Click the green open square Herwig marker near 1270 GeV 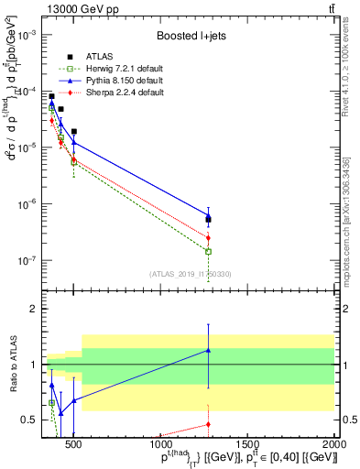(209, 251)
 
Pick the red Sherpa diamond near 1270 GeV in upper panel (209, 238)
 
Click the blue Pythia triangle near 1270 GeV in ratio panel (209, 350)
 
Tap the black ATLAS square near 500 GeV (74, 131)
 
